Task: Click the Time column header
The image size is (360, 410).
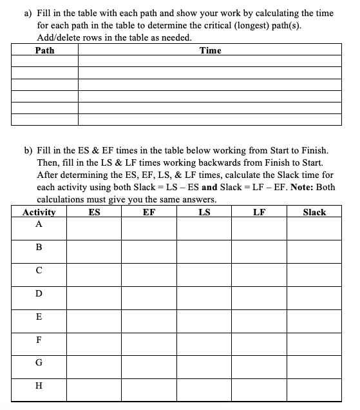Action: tap(210, 50)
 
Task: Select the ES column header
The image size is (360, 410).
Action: tap(94, 212)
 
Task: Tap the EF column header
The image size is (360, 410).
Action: tap(149, 212)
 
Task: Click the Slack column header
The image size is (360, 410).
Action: tap(314, 212)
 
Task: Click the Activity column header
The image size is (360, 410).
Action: tap(39, 212)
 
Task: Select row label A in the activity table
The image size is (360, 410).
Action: tap(39, 224)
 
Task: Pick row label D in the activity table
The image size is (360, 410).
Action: tap(39, 294)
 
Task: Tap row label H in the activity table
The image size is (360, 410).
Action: tap(39, 386)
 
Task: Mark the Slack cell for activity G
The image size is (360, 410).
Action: tap(314, 364)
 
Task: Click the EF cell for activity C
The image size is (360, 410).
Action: tap(149, 271)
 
